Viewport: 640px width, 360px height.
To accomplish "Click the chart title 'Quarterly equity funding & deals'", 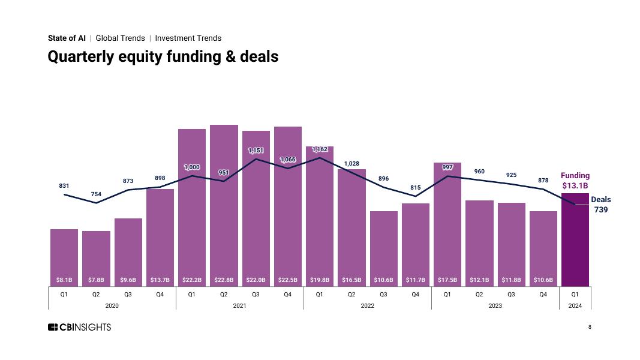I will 163,57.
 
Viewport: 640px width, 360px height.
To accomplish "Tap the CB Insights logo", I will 79,327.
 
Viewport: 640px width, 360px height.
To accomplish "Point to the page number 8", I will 590,327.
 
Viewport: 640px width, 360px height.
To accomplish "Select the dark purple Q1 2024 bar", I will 575,240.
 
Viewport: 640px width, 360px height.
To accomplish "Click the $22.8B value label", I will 224,280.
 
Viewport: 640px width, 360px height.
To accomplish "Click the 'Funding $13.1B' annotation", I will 575,181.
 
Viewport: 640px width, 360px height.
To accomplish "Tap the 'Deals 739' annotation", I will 601,205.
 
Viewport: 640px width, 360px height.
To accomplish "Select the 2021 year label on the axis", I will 239,306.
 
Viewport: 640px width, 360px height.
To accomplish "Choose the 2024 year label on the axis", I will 575,306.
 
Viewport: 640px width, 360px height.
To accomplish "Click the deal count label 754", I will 96,194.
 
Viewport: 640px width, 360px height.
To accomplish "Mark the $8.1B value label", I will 64,280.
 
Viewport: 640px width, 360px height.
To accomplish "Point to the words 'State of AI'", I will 67,38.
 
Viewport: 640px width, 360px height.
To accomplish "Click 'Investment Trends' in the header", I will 188,38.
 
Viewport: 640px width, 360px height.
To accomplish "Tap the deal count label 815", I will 416,188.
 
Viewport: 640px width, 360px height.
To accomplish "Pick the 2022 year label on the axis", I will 367,306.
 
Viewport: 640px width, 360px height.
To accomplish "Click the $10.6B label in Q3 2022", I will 383,280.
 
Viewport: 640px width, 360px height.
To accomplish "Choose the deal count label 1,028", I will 351,164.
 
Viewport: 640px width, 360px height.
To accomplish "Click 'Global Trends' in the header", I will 120,38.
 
